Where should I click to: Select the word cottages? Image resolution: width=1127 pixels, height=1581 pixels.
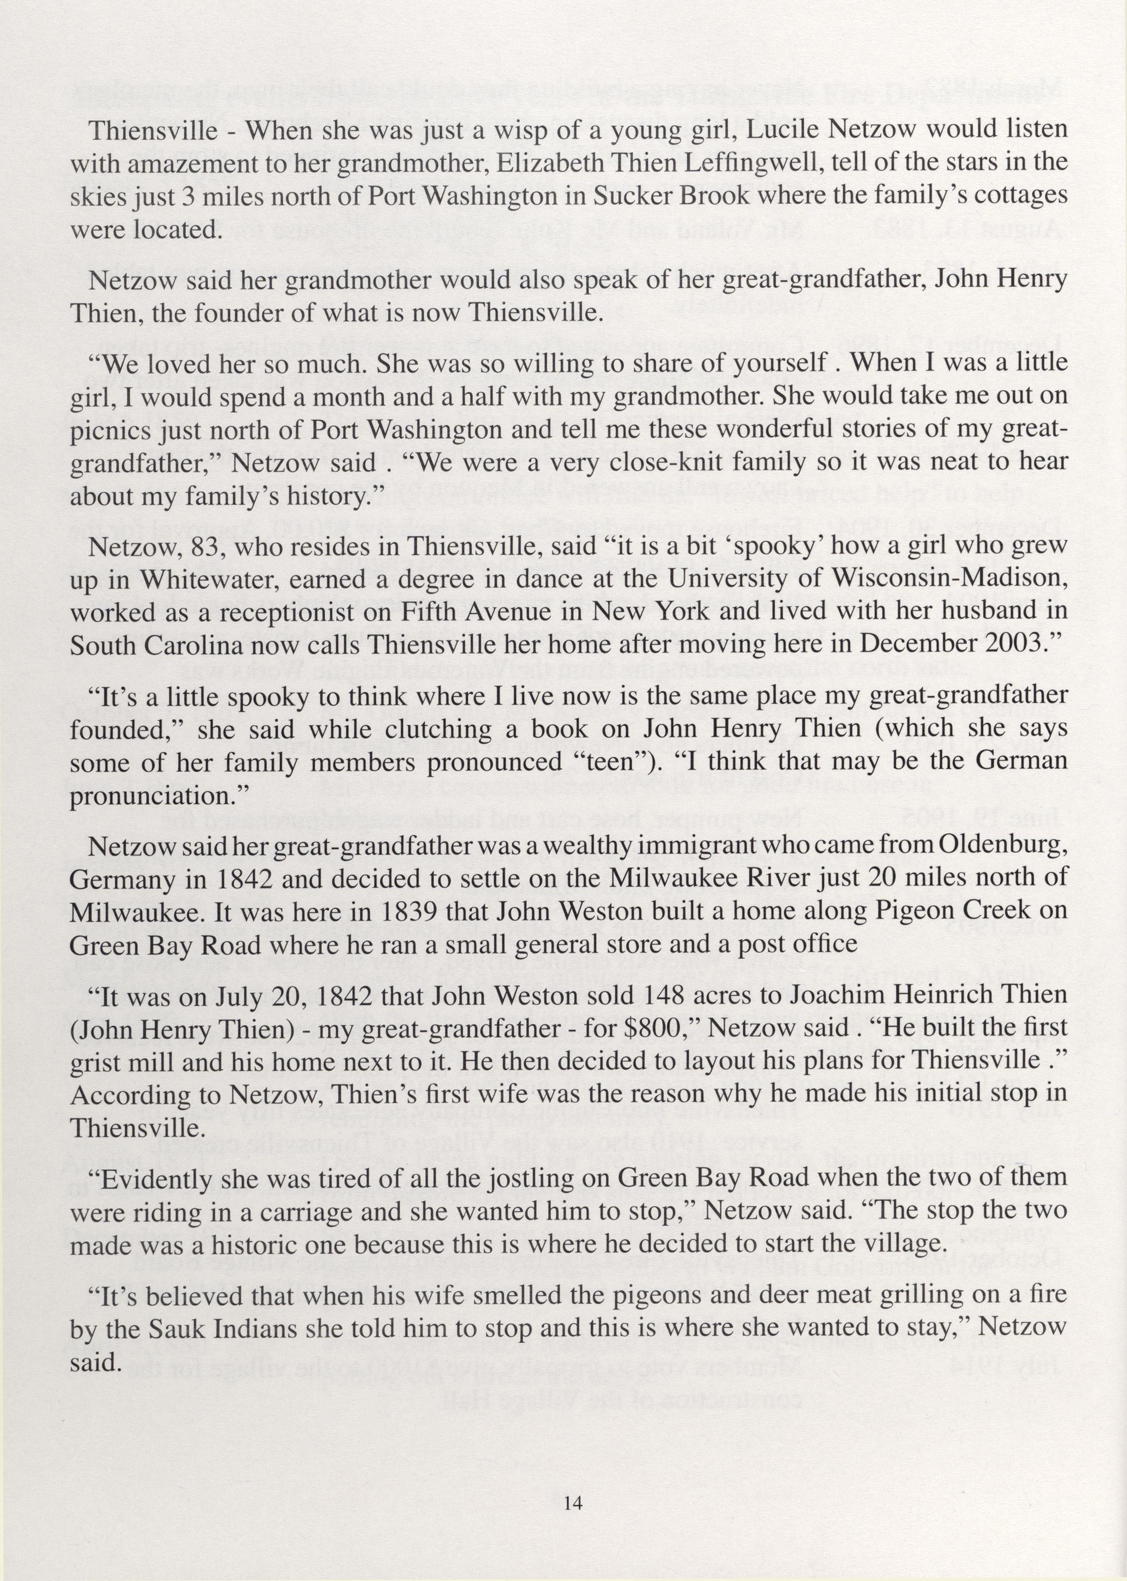tap(1021, 196)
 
